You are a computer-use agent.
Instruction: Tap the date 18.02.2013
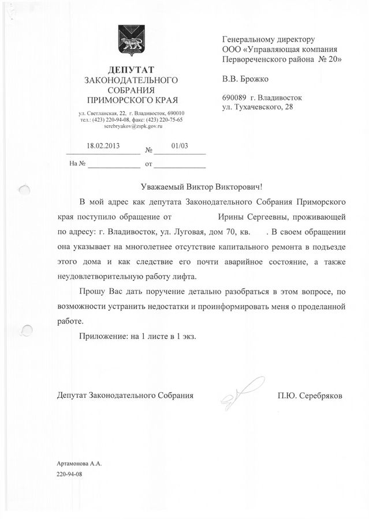pos(103,146)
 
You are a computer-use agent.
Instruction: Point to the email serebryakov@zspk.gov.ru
pos(131,125)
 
